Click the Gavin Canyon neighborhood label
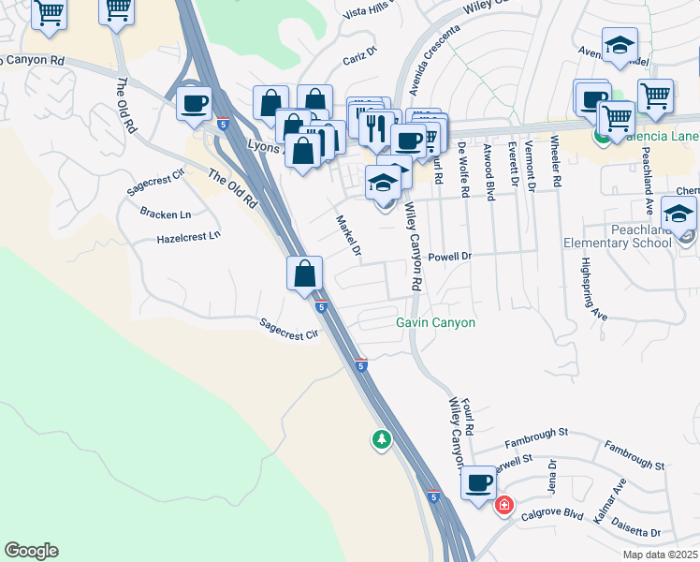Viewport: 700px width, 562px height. (435, 323)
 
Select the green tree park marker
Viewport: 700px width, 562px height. (381, 438)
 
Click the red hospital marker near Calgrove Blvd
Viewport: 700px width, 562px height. (504, 505)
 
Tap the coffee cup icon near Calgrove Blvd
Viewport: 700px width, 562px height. (479, 484)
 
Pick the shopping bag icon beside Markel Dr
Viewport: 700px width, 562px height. (304, 274)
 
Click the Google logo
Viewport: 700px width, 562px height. (31, 551)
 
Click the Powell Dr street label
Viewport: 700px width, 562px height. (448, 256)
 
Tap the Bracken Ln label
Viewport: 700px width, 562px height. (165, 214)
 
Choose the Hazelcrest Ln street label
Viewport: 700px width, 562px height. (189, 237)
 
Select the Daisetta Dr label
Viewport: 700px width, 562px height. (639, 531)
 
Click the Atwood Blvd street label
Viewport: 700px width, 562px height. (489, 170)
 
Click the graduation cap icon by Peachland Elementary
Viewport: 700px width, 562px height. (678, 213)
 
